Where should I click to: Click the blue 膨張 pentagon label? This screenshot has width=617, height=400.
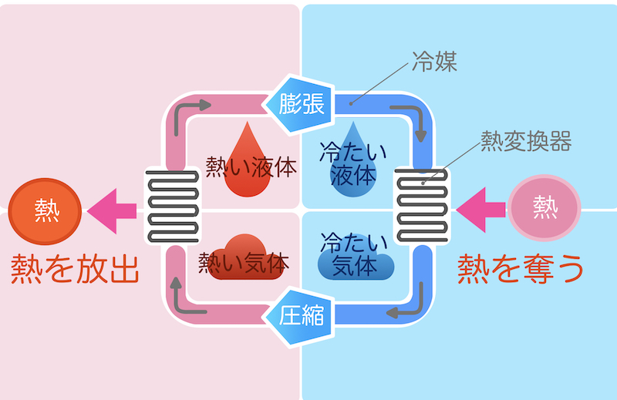pos(301,103)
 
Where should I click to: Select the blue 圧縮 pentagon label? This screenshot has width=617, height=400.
pos(301,313)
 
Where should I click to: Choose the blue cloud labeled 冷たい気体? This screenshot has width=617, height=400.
pos(355,257)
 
